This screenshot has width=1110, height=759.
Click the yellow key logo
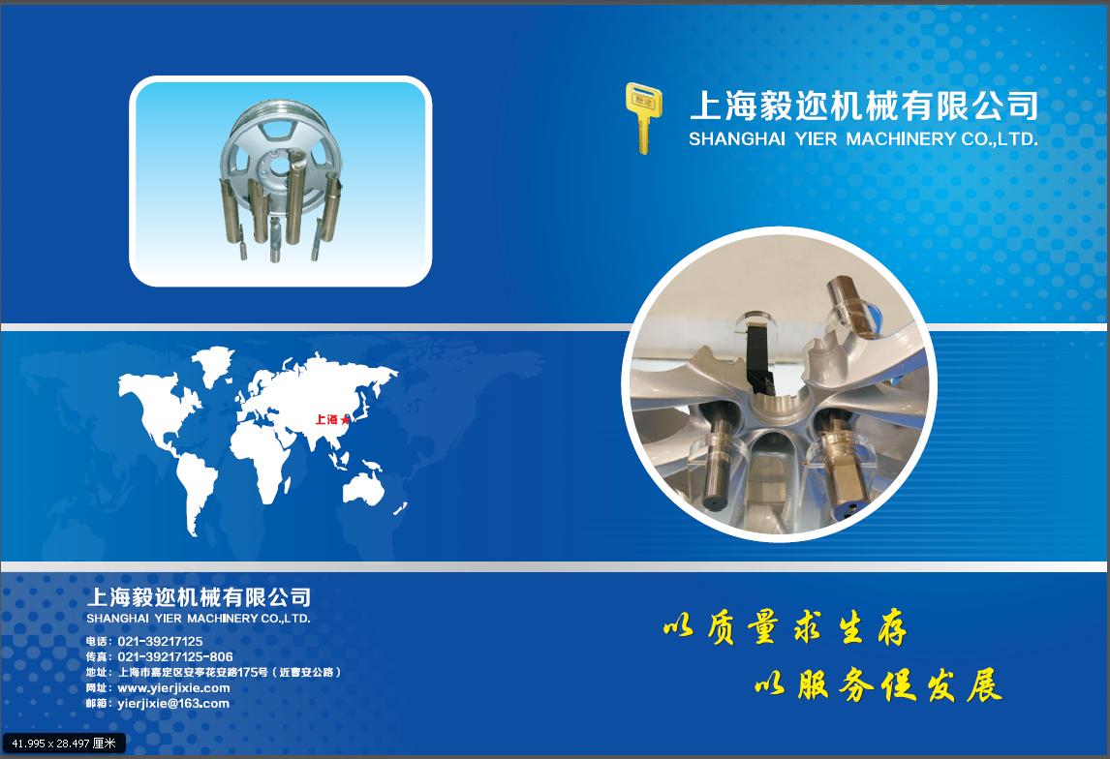pyautogui.click(x=643, y=117)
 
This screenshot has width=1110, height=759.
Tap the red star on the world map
pyautogui.click(x=345, y=420)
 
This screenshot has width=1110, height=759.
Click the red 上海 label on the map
pyautogui.click(x=326, y=419)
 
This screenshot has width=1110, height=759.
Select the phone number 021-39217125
pyautogui.click(x=160, y=642)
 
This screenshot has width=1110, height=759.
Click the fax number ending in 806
pyautogui.click(x=175, y=657)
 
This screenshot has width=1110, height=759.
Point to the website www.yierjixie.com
pyautogui.click(x=173, y=688)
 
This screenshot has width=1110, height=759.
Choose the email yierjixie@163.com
pyautogui.click(x=173, y=704)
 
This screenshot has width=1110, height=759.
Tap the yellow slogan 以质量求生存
pyautogui.click(x=786, y=627)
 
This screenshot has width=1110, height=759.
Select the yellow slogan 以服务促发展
pyautogui.click(x=879, y=684)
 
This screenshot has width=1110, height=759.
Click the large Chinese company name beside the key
pyautogui.click(x=864, y=106)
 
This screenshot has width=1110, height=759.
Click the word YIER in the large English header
pyautogui.click(x=816, y=139)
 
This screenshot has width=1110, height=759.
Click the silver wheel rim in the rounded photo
pyautogui.click(x=280, y=160)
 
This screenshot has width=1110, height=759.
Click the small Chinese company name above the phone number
pyautogui.click(x=199, y=597)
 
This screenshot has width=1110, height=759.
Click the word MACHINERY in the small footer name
pyautogui.click(x=222, y=619)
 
